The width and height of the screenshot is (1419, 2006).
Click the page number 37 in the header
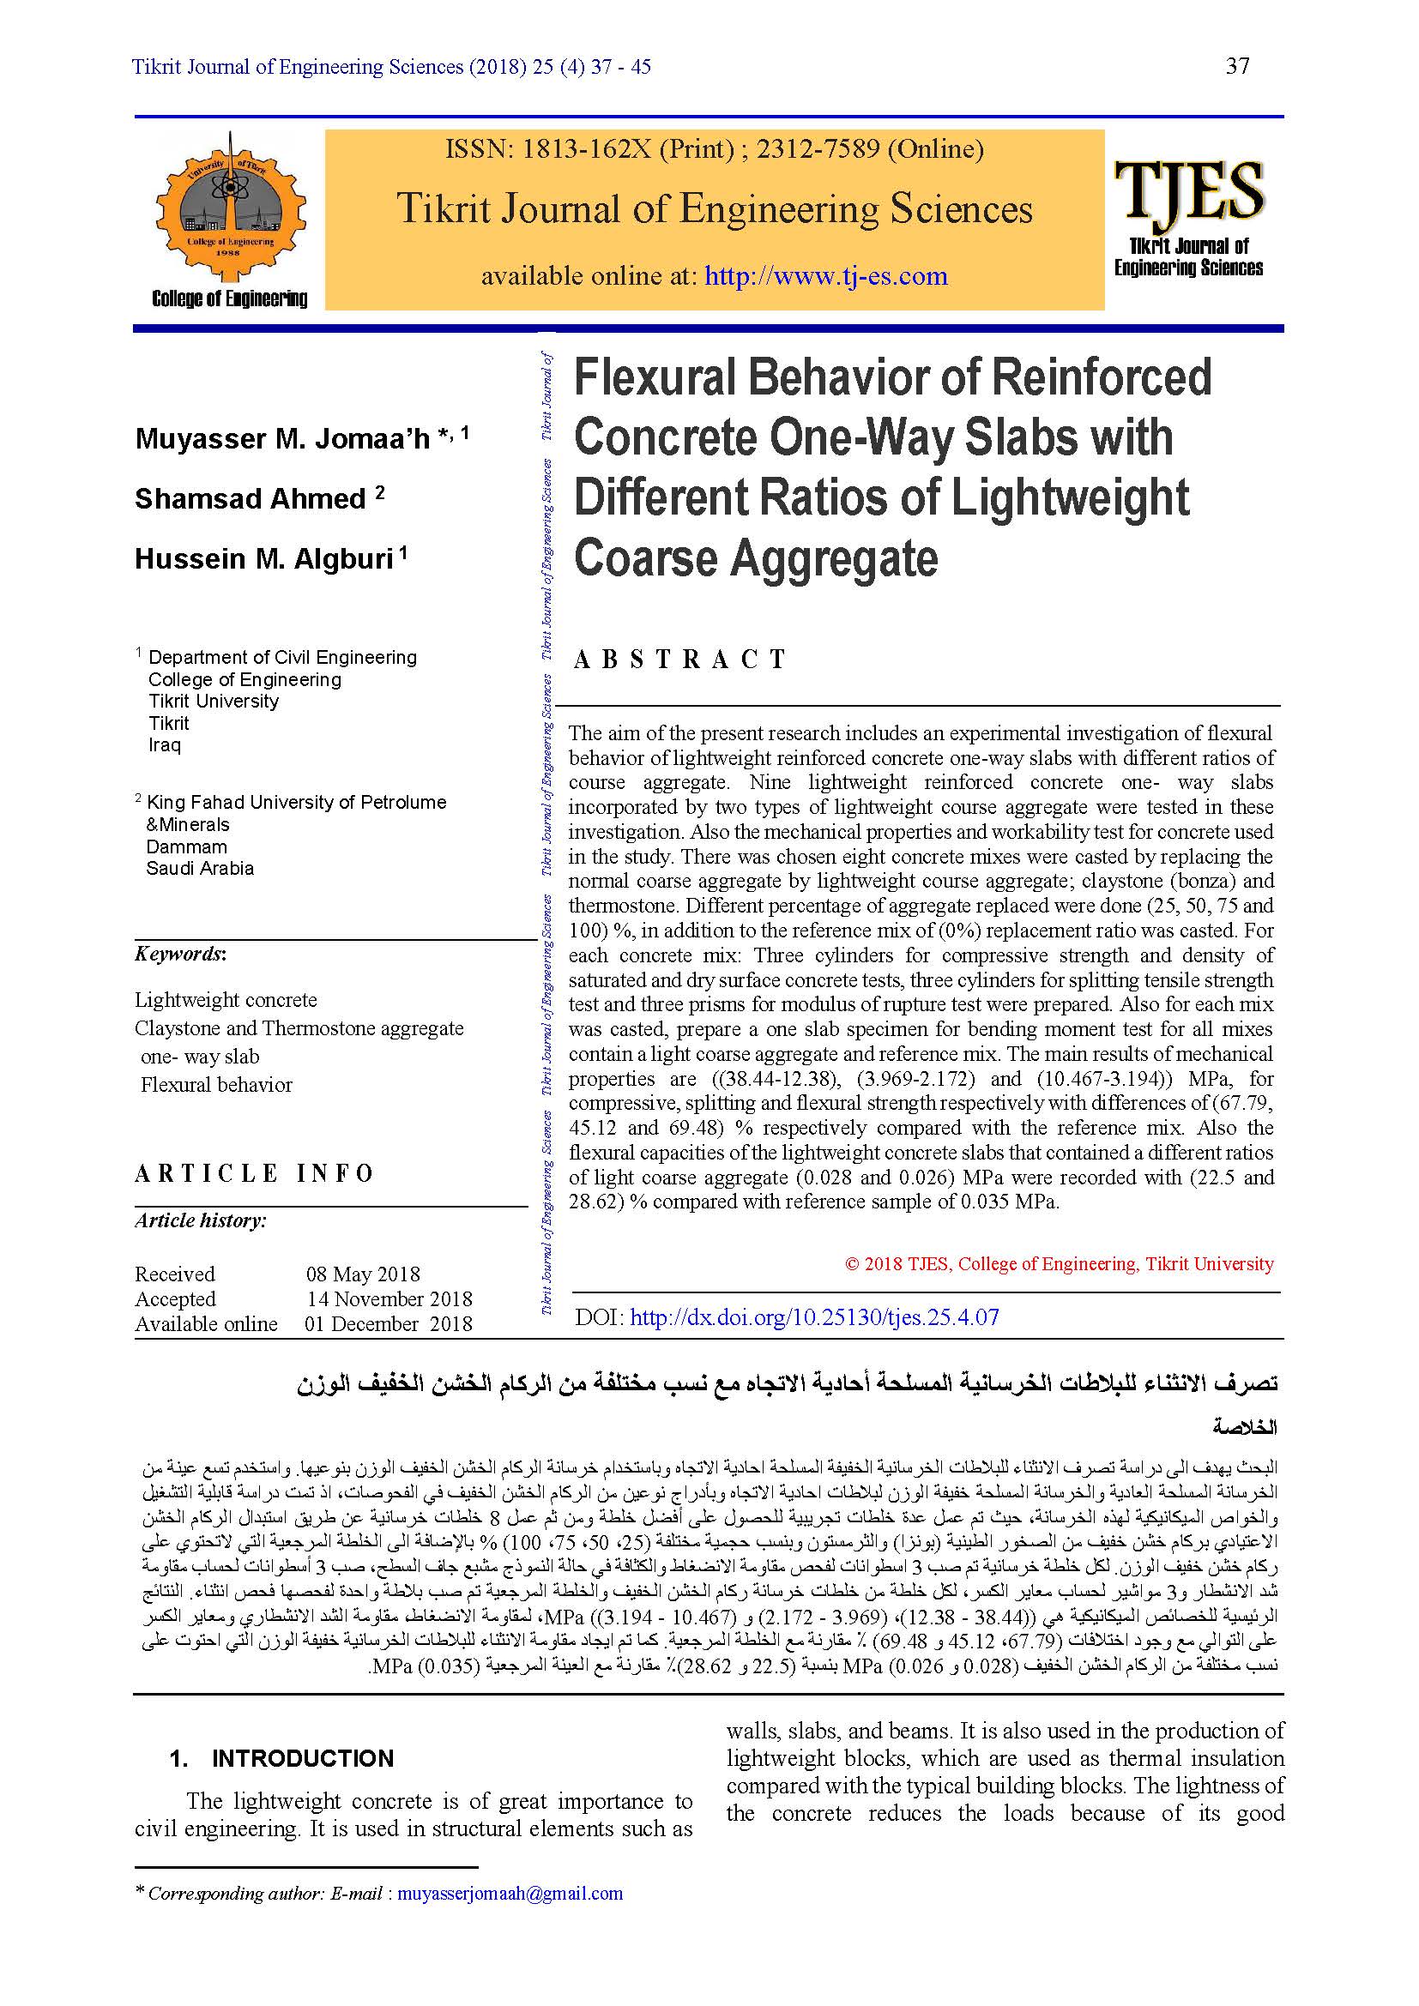(x=1237, y=66)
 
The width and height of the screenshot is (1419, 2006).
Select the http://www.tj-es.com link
(x=825, y=276)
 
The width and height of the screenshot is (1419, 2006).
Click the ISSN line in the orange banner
(x=714, y=149)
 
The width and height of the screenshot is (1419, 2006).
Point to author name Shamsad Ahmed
(x=251, y=499)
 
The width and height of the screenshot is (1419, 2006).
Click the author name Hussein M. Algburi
(x=264, y=559)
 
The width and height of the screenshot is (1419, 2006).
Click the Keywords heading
(x=180, y=954)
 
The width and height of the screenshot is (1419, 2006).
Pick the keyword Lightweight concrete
(x=226, y=999)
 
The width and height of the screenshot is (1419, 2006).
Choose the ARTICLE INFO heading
(x=253, y=1173)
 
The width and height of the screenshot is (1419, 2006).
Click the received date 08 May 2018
(x=363, y=1274)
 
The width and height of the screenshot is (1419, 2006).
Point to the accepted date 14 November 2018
(x=389, y=1299)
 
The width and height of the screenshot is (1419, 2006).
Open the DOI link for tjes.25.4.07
(x=813, y=1317)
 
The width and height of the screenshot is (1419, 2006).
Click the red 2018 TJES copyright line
(x=1059, y=1263)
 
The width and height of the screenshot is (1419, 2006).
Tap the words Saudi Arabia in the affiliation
(x=200, y=869)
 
